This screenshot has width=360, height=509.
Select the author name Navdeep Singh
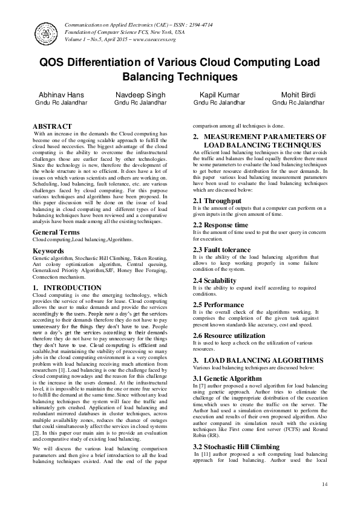point(140,96)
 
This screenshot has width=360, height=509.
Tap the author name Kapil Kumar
point(220,96)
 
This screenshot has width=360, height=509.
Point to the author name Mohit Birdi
point(298,96)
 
